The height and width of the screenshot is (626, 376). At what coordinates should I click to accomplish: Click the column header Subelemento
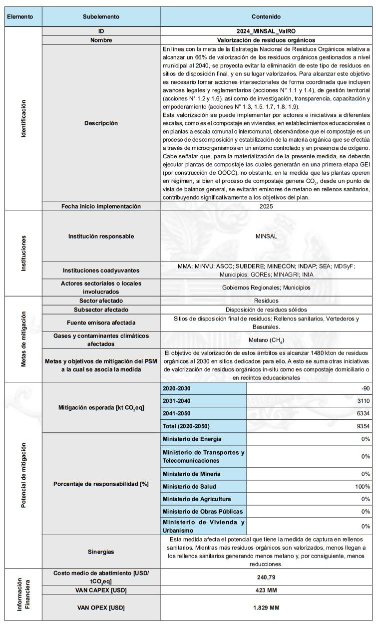pos(101,16)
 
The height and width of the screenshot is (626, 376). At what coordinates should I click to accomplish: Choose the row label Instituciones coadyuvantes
pos(101,271)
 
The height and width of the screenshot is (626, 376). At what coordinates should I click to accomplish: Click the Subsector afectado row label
pos(101,309)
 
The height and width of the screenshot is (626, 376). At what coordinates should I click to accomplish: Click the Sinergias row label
pos(101,552)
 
